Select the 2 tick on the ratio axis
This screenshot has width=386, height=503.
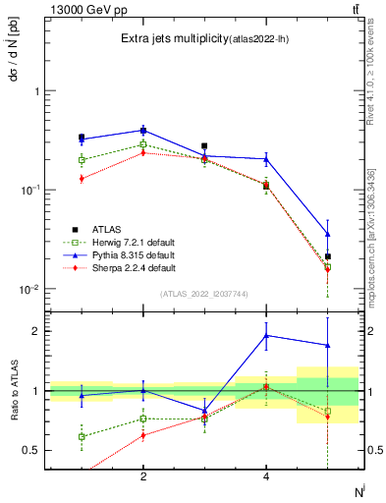pyautogui.click(x=35, y=331)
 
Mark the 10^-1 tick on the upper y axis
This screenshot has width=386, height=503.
pyautogui.click(x=30, y=190)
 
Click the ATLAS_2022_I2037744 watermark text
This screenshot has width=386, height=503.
pyautogui.click(x=204, y=294)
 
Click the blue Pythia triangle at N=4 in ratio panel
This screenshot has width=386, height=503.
pyautogui.click(x=266, y=335)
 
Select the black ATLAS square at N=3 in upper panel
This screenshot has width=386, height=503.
pyautogui.click(x=204, y=145)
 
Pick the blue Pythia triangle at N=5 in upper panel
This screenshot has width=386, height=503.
pyautogui.click(x=328, y=234)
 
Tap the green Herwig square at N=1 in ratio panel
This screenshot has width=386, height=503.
pyautogui.click(x=82, y=436)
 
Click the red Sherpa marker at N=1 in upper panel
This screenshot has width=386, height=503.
pyautogui.click(x=82, y=178)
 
